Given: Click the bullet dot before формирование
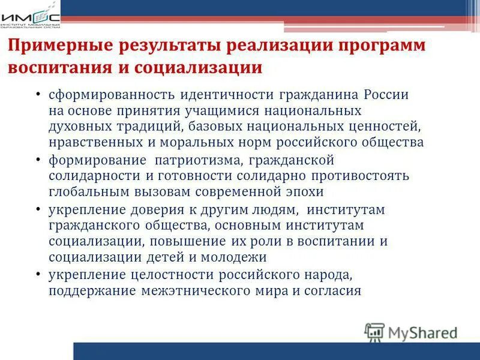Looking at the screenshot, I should [x=38, y=161].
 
